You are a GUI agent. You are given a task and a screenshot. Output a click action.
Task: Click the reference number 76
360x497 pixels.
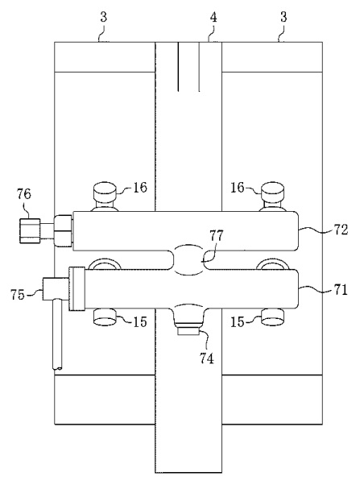[x=24, y=194]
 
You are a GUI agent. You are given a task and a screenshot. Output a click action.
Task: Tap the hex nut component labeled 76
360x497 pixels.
[x=30, y=230]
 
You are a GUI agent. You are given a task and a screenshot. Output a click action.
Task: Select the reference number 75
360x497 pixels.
[x=18, y=295]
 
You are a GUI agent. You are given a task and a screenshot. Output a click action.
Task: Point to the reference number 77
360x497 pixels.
[x=217, y=236]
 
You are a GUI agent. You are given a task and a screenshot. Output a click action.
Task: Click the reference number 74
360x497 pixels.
[x=206, y=358]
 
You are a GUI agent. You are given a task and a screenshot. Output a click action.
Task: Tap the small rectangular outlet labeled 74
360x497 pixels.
[x=188, y=332]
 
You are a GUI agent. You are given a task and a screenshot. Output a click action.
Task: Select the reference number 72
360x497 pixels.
[x=341, y=229]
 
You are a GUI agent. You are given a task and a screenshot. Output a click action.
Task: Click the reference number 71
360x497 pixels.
[x=341, y=290]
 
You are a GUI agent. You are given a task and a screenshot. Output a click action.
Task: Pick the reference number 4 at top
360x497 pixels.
[x=213, y=18]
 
